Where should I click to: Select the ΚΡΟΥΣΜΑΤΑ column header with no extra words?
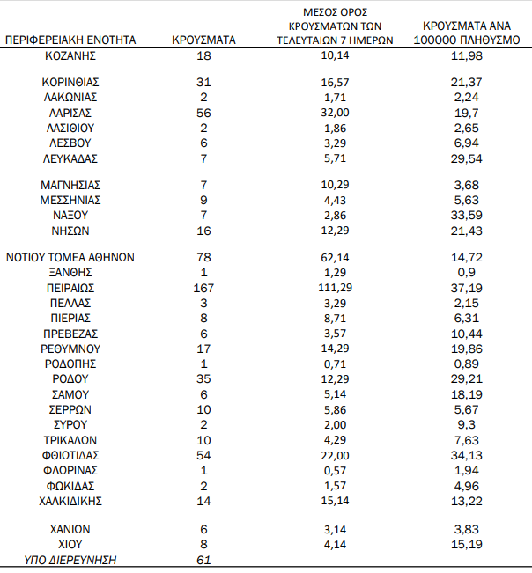click(203, 40)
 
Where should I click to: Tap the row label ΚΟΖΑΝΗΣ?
click(70, 56)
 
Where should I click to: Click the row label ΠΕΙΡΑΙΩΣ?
click(70, 288)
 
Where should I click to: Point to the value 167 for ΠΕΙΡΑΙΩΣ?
click(203, 288)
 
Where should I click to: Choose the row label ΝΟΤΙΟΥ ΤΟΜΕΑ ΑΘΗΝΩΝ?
click(70, 258)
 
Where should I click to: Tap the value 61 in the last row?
click(203, 560)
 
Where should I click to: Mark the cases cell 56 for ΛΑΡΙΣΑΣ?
click(203, 113)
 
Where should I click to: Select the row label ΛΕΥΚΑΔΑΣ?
click(70, 158)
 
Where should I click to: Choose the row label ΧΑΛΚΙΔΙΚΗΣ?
click(70, 501)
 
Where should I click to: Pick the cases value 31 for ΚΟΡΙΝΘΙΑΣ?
click(203, 83)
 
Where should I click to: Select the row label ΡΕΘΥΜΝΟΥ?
click(70, 349)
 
